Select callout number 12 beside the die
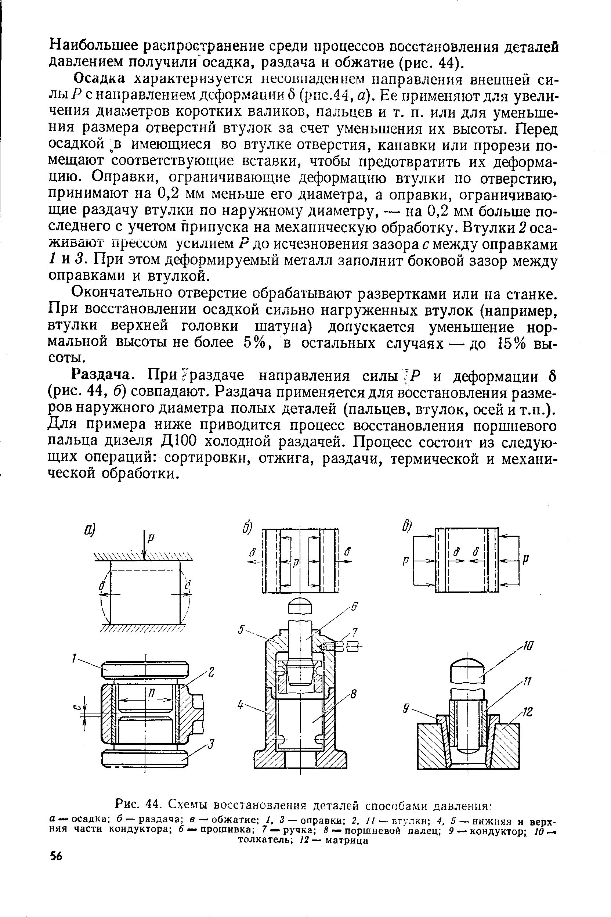(527, 712)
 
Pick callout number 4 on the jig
(241, 705)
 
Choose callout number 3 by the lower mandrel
(211, 745)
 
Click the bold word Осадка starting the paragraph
(100, 78)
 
